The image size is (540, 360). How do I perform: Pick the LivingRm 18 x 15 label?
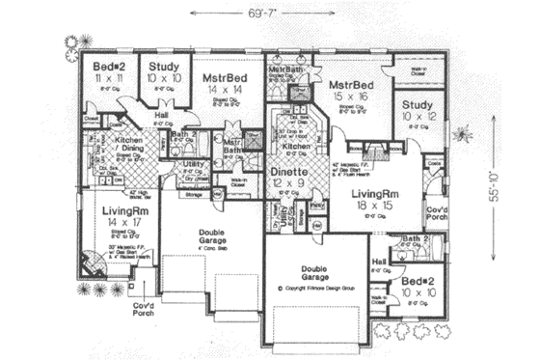pos(373,199)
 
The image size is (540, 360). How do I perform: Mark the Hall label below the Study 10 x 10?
pos(163,117)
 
